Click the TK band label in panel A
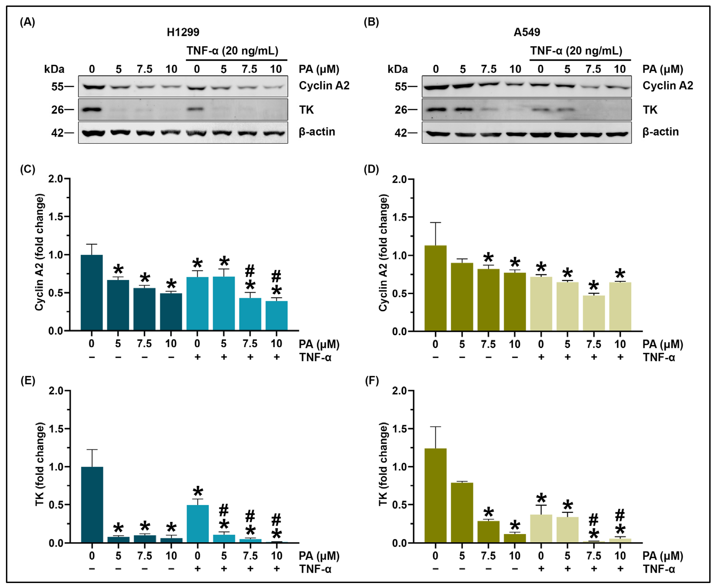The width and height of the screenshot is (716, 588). pos(306,110)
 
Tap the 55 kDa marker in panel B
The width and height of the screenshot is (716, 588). pos(401,87)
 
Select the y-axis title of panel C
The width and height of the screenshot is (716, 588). pos(40,252)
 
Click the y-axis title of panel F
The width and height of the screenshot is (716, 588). pos(383,464)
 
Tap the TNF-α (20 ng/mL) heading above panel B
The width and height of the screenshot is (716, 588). pos(576,51)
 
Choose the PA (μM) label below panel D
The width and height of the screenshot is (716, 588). pos(663,344)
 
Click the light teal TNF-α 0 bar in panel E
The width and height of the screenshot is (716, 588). pos(197,524)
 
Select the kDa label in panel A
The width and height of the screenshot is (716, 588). pos(54,69)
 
